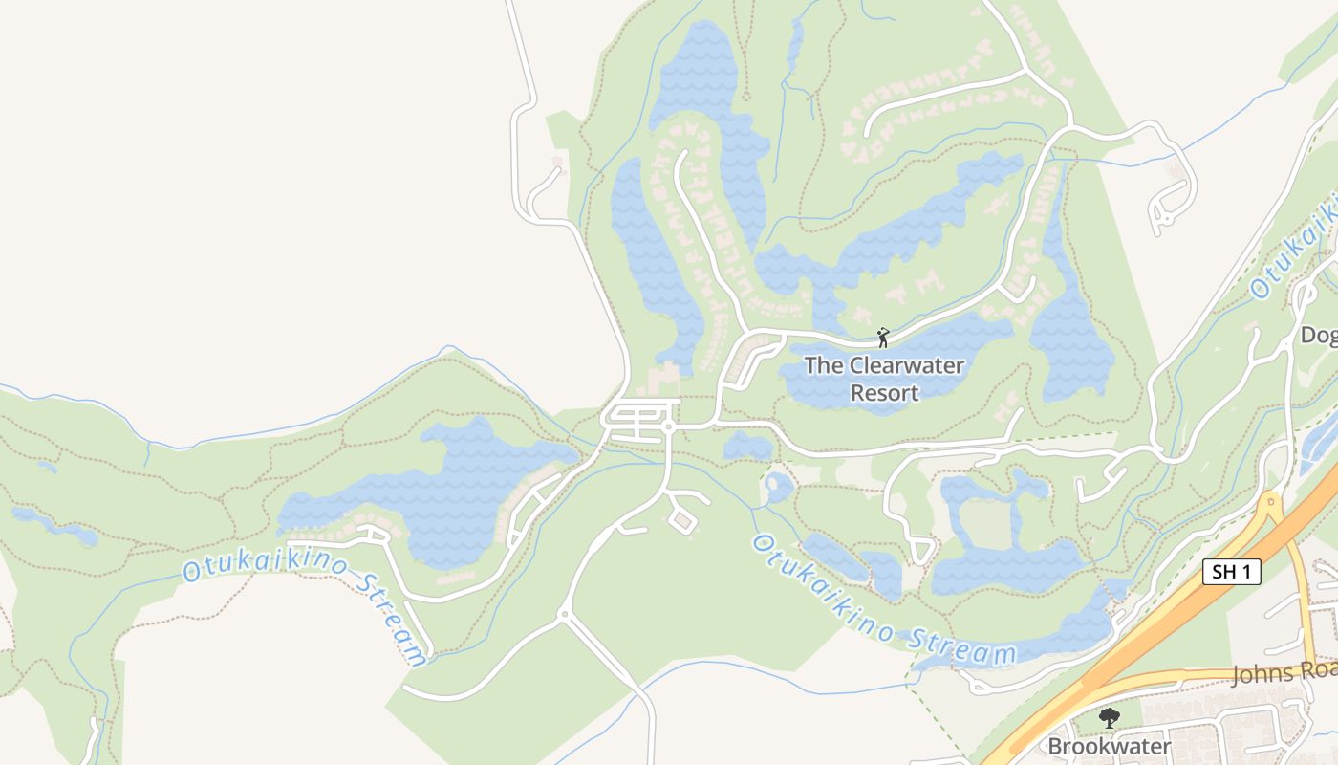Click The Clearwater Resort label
884,379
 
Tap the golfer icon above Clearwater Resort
883,338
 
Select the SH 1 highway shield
1231,572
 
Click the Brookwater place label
1109,746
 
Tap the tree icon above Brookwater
1109,717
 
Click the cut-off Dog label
1319,335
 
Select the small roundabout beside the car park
669,426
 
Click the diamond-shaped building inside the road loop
681,521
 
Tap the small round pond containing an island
778,488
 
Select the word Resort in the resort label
884,393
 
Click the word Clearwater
906,365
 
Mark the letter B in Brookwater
1055,746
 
